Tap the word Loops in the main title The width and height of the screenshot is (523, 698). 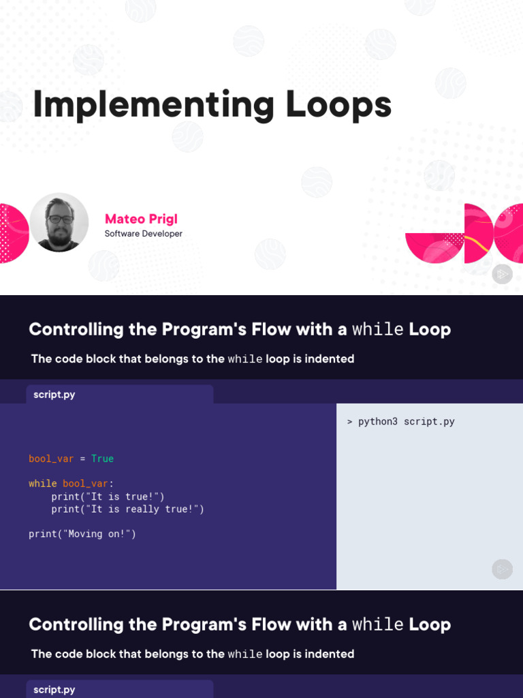click(338, 106)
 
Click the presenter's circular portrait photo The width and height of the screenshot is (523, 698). click(59, 222)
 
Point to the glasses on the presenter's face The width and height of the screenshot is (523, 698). click(59, 219)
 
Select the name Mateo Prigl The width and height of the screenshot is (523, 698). click(141, 219)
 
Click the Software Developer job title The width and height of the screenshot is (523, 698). click(143, 234)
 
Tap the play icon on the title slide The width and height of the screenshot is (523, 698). click(502, 274)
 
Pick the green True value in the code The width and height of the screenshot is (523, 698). click(102, 459)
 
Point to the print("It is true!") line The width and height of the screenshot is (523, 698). click(108, 496)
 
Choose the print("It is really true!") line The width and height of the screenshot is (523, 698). click(127, 509)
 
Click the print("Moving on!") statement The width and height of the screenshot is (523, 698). click(82, 534)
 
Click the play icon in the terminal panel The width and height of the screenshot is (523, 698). click(502, 569)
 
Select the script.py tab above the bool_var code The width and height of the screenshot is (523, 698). click(54, 395)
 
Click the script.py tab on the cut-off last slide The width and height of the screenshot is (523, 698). click(54, 690)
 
